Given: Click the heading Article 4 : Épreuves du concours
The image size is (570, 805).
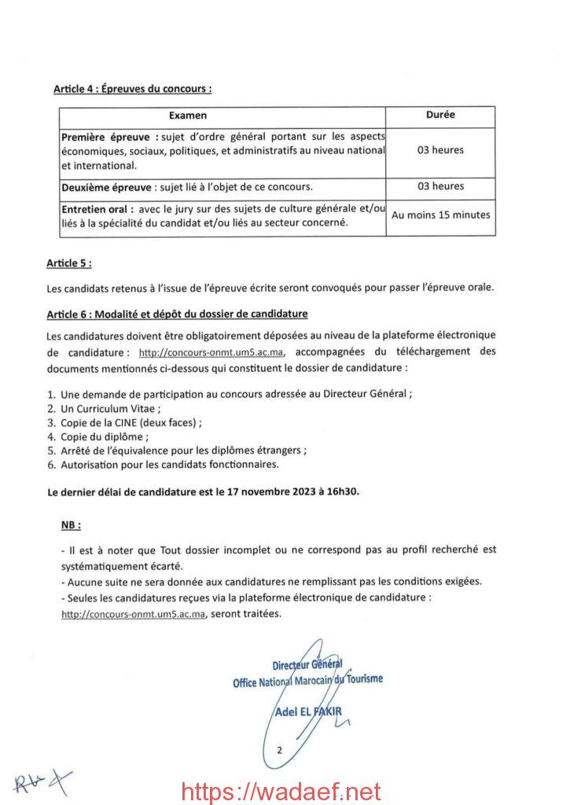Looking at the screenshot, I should (x=132, y=89).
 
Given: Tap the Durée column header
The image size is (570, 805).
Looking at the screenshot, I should (x=440, y=115).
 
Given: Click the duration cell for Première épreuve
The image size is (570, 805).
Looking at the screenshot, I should (x=440, y=150).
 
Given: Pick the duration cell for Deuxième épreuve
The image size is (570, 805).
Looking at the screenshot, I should (x=440, y=186).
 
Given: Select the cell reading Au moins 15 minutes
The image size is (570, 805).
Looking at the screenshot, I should (x=440, y=215).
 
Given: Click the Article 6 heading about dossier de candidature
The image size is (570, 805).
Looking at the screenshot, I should (x=176, y=314).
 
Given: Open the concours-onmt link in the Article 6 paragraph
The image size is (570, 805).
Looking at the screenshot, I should (x=211, y=352).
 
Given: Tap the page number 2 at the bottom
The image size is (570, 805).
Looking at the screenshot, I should (x=278, y=750).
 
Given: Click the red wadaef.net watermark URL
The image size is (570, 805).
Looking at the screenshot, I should (x=280, y=790).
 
